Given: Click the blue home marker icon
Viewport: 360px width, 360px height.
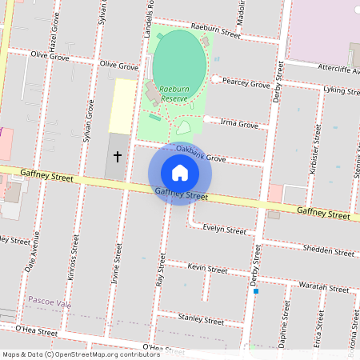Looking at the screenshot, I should pyautogui.click(x=180, y=173).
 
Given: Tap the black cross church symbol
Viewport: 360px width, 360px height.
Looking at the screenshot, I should pyautogui.click(x=118, y=157).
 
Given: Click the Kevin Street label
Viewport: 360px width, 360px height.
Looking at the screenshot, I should pyautogui.click(x=207, y=269).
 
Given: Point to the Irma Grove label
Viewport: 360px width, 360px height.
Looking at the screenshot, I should pyautogui.click(x=238, y=125).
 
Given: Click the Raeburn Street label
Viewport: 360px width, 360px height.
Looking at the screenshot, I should pyautogui.click(x=221, y=34).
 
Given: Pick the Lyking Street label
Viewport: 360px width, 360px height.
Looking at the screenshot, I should pyautogui.click(x=340, y=90).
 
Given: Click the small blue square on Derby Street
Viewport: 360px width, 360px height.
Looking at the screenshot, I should pyautogui.click(x=256, y=291).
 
